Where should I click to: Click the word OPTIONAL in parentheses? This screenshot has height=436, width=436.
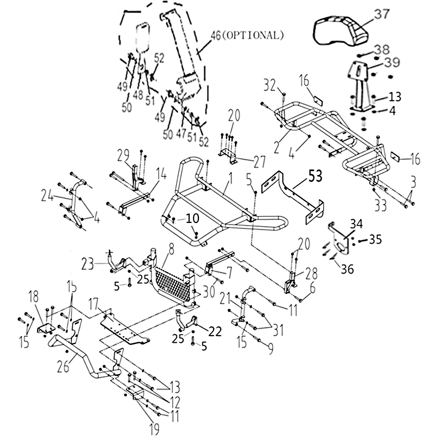pos(254,35)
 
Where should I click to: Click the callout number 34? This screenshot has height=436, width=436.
pos(356,223)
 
